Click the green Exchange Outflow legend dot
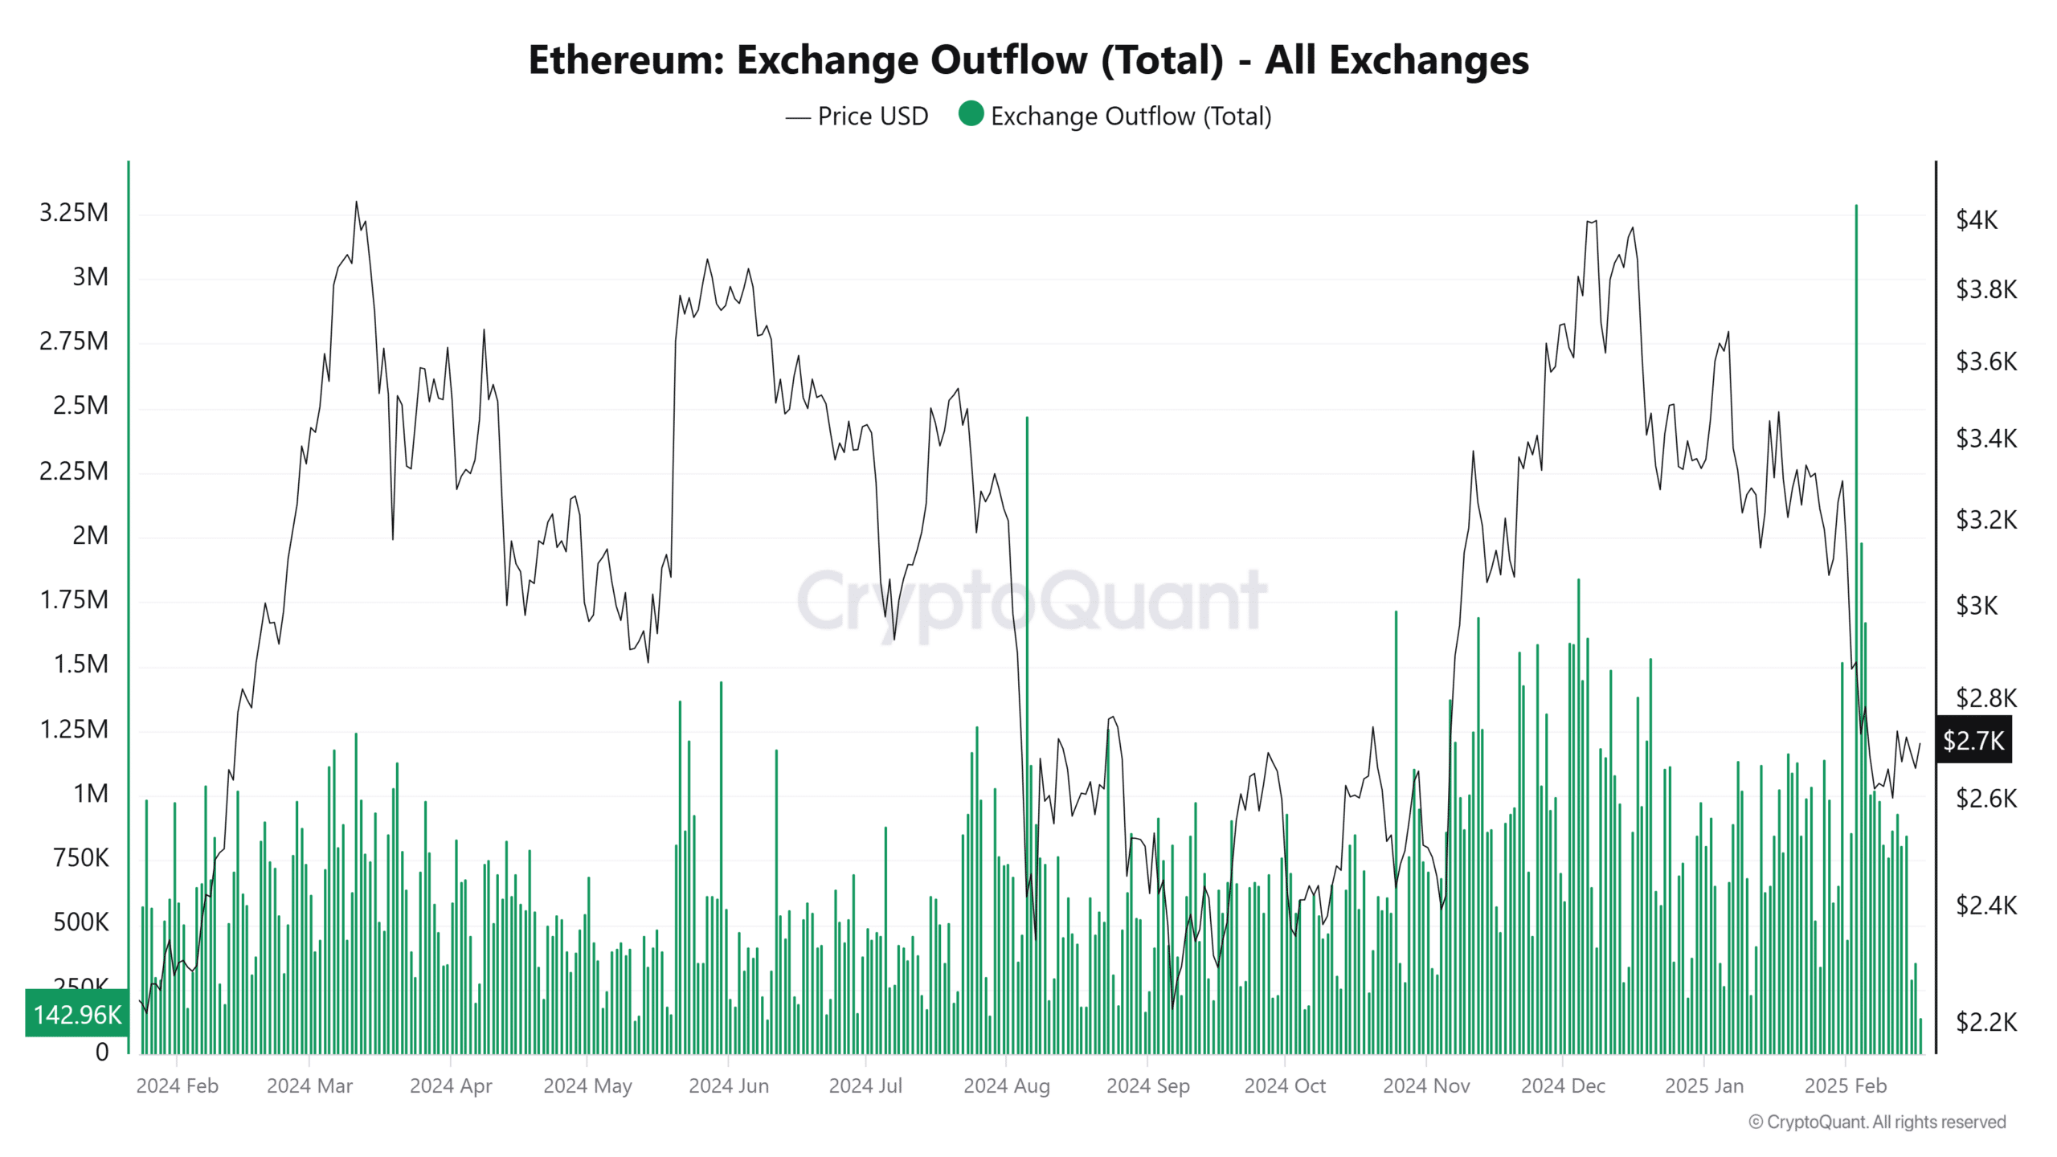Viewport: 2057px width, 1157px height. click(x=971, y=114)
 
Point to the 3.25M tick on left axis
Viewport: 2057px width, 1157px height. click(x=74, y=213)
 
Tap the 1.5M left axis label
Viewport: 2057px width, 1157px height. click(x=80, y=664)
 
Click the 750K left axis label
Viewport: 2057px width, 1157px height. click(x=80, y=858)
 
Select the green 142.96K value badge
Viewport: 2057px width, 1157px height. click(x=77, y=1014)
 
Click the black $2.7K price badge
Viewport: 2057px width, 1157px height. click(x=1973, y=740)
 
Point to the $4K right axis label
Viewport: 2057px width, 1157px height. click(x=1976, y=219)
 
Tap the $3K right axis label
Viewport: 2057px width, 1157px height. click(x=1976, y=606)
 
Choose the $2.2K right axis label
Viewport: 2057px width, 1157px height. click(x=1985, y=1022)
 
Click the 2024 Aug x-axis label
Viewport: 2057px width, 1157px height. click(x=1006, y=1086)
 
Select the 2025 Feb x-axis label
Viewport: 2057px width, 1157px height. click(x=1845, y=1086)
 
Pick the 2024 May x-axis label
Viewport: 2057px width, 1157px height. click(x=587, y=1086)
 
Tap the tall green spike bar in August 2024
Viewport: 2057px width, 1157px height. click(x=1027, y=643)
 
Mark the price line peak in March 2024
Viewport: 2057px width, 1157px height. click(x=356, y=203)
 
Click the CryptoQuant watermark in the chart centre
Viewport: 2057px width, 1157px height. click(x=1032, y=600)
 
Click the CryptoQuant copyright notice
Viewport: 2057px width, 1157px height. click(x=1877, y=1122)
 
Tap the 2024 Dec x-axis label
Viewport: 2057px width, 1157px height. click(x=1563, y=1086)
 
